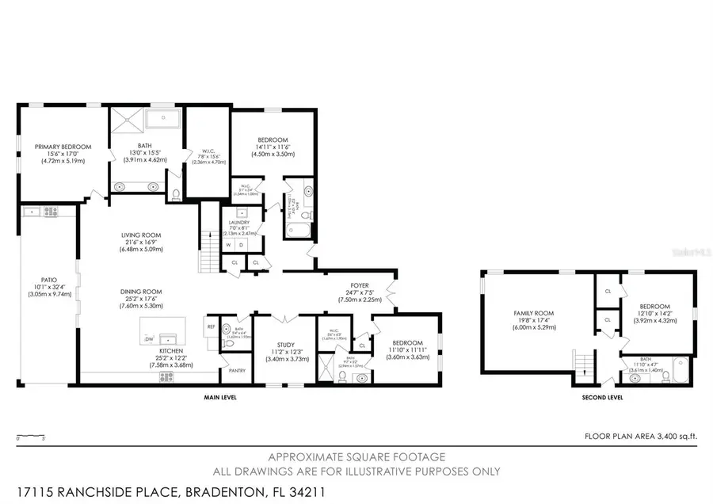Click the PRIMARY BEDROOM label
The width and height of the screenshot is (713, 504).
[x=63, y=147]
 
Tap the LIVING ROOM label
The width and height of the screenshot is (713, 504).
[x=141, y=235]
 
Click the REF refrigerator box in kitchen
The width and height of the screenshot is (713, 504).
[x=212, y=326]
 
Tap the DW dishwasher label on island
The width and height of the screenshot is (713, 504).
[x=148, y=340]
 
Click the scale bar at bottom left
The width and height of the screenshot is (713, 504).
[x=30, y=436]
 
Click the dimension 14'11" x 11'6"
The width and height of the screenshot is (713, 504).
[x=272, y=147]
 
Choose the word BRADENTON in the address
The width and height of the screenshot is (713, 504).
[x=223, y=491]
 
